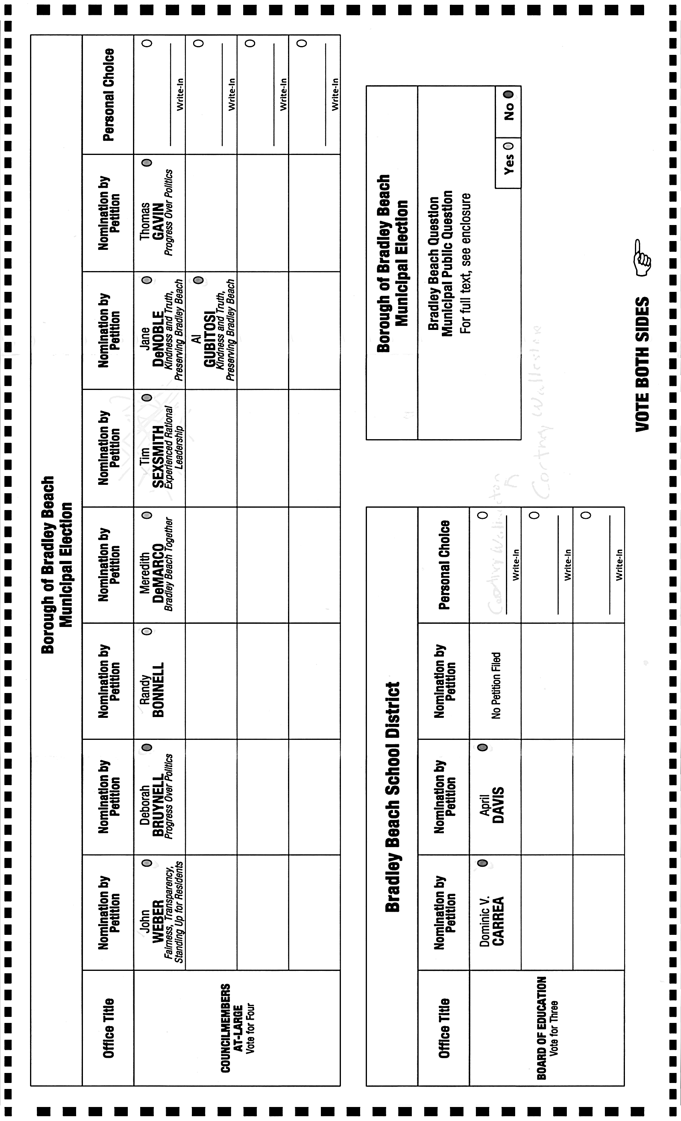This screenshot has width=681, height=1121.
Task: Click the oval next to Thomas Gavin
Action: pos(147,163)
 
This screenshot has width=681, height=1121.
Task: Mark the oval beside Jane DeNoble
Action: pos(147,280)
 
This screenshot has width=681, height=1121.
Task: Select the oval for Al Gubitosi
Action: pos(198,280)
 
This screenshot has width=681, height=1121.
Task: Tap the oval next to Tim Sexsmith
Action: pos(147,398)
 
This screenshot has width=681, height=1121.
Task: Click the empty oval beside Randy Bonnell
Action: pos(147,631)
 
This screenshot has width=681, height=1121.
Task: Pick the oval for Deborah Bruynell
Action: pos(147,747)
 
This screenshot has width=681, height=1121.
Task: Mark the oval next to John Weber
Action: pos(147,863)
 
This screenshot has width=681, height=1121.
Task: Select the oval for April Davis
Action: pos(483,747)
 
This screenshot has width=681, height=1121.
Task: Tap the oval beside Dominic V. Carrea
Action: pos(483,863)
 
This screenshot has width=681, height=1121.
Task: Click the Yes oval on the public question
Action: pos(508,146)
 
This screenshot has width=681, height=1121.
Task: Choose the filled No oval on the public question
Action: pos(508,94)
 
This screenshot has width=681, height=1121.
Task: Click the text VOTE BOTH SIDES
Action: pos(642,364)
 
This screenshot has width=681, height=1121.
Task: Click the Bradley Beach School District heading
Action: pos(393,797)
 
